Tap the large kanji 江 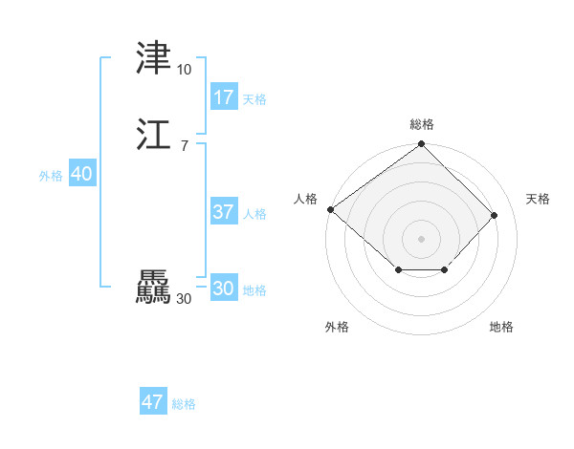pos(154,135)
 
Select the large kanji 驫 pos(154,288)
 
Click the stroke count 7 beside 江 pos(184,145)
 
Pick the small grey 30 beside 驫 pos(184,299)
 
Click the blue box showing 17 pos(224,96)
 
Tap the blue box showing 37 pos(224,212)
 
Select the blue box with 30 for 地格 pos(224,289)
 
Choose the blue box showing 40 pos(81,174)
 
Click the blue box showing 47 pos(153,402)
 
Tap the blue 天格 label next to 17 pos(254,99)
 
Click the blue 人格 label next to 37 pos(254,214)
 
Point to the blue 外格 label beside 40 pos(51,176)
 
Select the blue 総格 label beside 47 pos(184,404)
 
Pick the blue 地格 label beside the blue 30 pos(254,290)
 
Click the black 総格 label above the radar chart pos(421,124)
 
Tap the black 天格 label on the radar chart pos(538,199)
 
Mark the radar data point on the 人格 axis pos(330,209)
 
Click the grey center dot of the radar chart pos(421,238)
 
